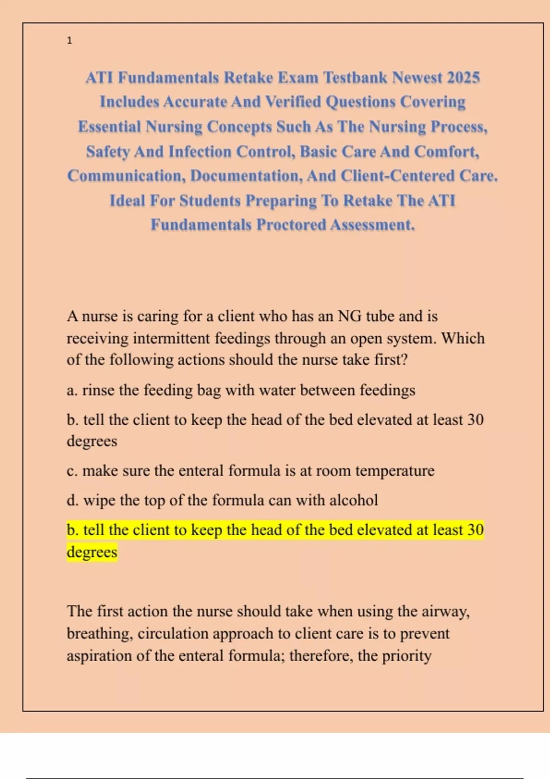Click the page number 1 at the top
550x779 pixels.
tap(69, 41)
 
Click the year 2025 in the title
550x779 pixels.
tap(463, 77)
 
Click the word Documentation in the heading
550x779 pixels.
tap(246, 176)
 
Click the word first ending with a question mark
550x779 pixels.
tap(390, 360)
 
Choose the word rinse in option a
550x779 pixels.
tap(98, 390)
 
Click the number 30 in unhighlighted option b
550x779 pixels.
tap(475, 419)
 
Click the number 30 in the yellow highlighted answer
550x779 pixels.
tap(475, 530)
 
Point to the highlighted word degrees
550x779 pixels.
tap(92, 552)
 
